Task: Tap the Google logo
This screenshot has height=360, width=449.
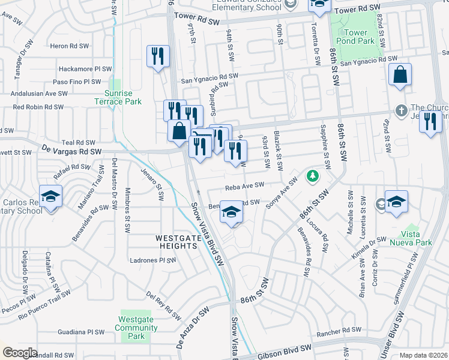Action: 20,353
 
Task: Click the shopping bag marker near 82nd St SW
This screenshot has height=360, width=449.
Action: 399,76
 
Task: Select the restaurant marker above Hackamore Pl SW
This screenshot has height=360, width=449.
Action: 158,57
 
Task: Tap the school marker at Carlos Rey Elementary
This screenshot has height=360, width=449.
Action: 50,197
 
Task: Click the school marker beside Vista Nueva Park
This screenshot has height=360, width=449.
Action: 396,203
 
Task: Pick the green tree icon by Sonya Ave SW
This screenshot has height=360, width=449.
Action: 312,176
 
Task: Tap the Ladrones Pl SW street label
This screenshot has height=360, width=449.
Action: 154,260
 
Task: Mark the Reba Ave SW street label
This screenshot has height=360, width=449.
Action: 244,185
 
